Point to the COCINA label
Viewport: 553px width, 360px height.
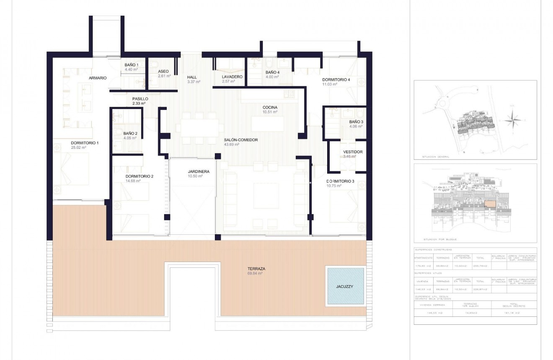270,107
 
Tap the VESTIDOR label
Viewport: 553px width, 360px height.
353,152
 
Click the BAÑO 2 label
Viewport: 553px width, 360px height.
124,133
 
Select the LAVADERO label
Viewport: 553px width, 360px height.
232,77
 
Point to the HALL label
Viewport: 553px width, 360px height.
192,77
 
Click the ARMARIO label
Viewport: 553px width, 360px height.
98,78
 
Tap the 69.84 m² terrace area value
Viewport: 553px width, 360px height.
255,274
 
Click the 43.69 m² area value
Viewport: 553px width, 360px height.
232,145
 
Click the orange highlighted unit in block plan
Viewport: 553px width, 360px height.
489,204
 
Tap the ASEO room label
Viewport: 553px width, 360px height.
163,71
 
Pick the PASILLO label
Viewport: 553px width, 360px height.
140,98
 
